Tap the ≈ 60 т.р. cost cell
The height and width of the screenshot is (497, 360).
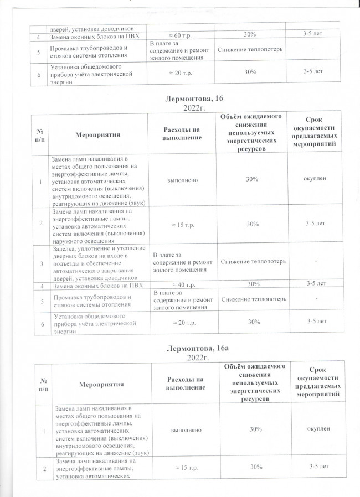[175, 35]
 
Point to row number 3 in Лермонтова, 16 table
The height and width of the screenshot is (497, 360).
[40, 262]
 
